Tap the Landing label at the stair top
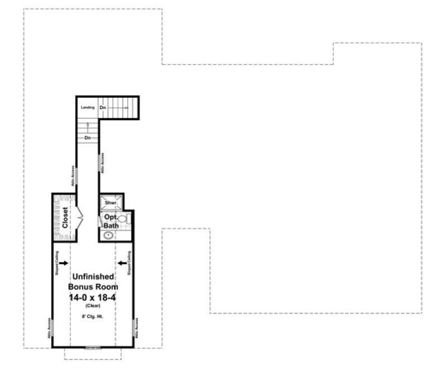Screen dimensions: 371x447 pos(87,107)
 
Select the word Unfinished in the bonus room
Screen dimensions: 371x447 pos(92,277)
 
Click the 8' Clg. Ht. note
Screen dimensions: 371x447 pos(92,316)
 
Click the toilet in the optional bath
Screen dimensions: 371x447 pos(126,219)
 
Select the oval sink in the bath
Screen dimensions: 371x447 pos(108,235)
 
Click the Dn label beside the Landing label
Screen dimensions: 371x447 pos(103,107)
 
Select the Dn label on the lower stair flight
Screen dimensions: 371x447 pos(88,137)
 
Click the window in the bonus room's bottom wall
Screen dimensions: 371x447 pos(92,348)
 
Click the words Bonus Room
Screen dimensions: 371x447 pos(92,286)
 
